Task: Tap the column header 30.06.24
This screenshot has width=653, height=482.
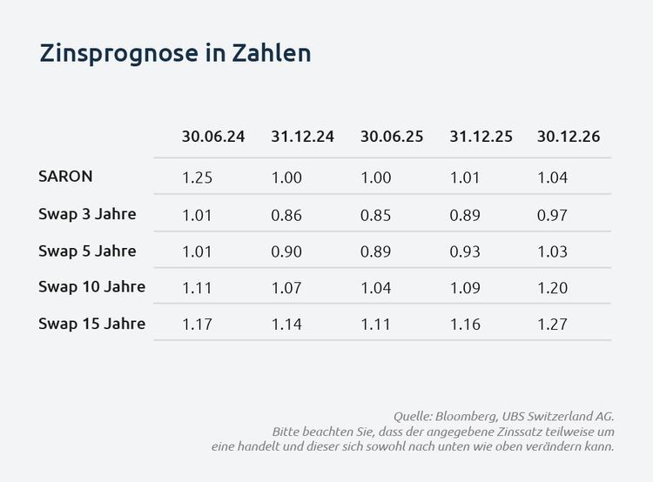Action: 213,137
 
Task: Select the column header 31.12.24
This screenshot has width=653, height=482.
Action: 302,137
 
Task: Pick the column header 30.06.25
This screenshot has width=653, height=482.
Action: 391,137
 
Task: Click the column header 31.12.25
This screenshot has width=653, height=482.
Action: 481,137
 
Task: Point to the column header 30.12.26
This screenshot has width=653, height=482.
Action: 569,137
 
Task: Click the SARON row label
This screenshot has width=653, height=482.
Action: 65,176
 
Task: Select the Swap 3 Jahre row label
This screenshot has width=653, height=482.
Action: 87,213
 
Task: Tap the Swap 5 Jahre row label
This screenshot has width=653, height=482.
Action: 87,251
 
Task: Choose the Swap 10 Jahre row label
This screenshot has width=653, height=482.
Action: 91,286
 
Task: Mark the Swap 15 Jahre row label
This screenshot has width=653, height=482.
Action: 91,324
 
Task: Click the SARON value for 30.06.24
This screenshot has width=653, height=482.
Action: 197,177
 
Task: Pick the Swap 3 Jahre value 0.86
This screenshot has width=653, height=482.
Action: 286,214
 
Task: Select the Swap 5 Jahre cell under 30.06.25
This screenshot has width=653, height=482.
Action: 375,251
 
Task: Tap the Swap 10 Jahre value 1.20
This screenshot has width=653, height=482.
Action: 553,288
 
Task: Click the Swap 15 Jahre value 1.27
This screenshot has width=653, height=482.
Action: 553,325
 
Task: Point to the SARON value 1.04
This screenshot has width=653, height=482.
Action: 553,177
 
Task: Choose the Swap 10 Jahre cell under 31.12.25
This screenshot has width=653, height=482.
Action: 464,288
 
